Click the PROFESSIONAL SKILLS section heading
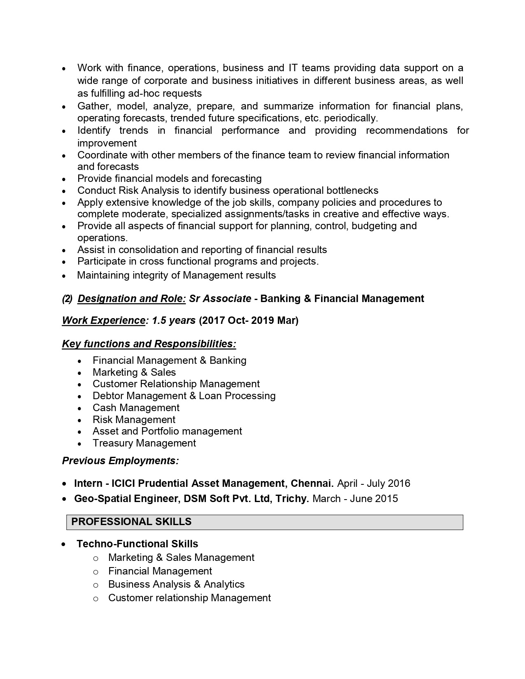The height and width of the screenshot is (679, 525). [131, 522]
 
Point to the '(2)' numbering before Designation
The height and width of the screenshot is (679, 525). [67, 299]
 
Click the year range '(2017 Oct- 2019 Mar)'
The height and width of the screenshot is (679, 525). [249, 321]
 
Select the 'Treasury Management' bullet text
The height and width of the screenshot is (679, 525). [144, 443]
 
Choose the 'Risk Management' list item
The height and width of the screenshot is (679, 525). [134, 420]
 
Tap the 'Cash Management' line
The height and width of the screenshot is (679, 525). [136, 408]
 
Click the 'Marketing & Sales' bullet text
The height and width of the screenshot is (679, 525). [134, 372]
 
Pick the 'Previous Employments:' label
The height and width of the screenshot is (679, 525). [120, 461]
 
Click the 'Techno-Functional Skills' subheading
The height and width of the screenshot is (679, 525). [137, 544]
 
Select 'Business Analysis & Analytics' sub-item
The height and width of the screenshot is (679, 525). [176, 584]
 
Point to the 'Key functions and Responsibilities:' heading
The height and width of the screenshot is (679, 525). [149, 344]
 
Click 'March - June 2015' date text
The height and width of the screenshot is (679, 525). [355, 499]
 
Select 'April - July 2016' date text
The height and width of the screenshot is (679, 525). [373, 483]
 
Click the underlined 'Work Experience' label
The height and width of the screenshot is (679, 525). [103, 321]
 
